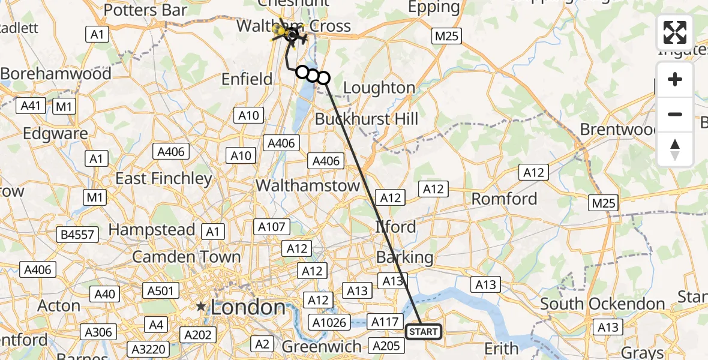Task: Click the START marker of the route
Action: (x=424, y=331)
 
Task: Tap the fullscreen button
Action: (x=675, y=32)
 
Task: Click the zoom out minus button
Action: (x=675, y=114)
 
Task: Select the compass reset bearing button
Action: (x=675, y=149)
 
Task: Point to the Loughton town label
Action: (x=379, y=88)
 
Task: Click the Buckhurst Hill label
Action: (x=366, y=118)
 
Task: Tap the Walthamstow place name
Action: (x=308, y=186)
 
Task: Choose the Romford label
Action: (x=504, y=199)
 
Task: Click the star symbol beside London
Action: (x=201, y=307)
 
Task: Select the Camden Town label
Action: (x=186, y=257)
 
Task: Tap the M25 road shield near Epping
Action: (x=446, y=36)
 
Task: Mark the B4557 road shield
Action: (x=78, y=234)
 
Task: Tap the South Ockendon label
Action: (x=602, y=304)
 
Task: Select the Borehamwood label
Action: (x=56, y=74)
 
